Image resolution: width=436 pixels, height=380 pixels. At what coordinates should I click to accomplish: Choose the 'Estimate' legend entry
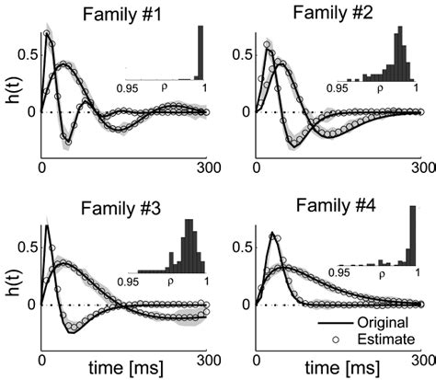point(384,340)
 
